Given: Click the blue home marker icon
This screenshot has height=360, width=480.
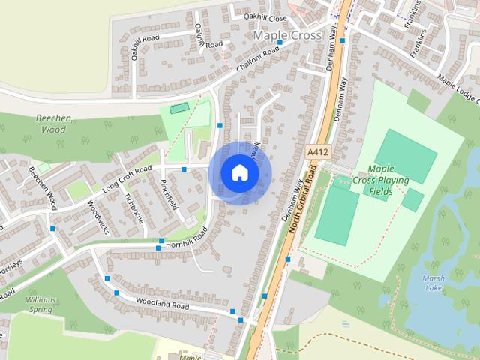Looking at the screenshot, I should (239, 172).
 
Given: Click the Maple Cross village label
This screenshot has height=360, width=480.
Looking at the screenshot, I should (287, 35).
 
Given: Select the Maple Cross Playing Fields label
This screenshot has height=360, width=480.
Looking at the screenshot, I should (388, 181).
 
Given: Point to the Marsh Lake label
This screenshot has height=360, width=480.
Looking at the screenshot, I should (434, 282).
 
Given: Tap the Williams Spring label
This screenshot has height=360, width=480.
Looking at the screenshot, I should (39, 303).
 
